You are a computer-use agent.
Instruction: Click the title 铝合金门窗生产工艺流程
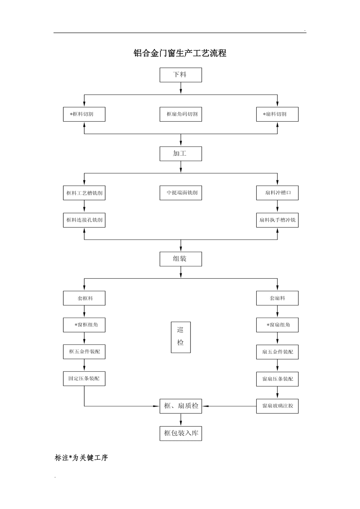pyautogui.click(x=180, y=53)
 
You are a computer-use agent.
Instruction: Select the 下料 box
pyautogui.click(x=180, y=75)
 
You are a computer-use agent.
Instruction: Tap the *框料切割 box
pyautogui.click(x=84, y=114)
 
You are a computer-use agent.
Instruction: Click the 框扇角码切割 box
pyautogui.click(x=180, y=114)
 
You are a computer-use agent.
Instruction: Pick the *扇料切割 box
pyautogui.click(x=277, y=114)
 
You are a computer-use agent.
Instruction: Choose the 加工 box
pyautogui.click(x=180, y=154)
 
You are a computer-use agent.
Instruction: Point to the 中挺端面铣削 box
pyautogui.click(x=180, y=193)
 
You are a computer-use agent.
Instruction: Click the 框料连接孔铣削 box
pyautogui.click(x=84, y=220)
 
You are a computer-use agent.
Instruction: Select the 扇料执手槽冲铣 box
pyautogui.click(x=277, y=220)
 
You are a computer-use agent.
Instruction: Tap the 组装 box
pyautogui.click(x=180, y=259)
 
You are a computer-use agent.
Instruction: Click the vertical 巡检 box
pyautogui.click(x=180, y=337)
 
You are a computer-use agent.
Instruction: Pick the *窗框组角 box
pyautogui.click(x=84, y=325)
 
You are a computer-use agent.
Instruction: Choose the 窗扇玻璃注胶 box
pyautogui.click(x=277, y=406)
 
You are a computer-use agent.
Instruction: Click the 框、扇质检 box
pyautogui.click(x=180, y=406)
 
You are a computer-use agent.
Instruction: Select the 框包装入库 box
pyautogui.click(x=180, y=433)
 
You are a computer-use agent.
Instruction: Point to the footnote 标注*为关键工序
pyautogui.click(x=81, y=458)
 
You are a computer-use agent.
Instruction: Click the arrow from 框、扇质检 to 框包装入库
pyautogui.click(x=181, y=420)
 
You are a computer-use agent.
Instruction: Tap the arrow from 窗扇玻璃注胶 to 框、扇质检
pyautogui.click(x=229, y=406)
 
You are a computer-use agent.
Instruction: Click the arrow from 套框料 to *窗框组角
pyautogui.click(x=84, y=311)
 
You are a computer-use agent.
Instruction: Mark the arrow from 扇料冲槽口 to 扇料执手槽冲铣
pyautogui.click(x=277, y=206)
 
